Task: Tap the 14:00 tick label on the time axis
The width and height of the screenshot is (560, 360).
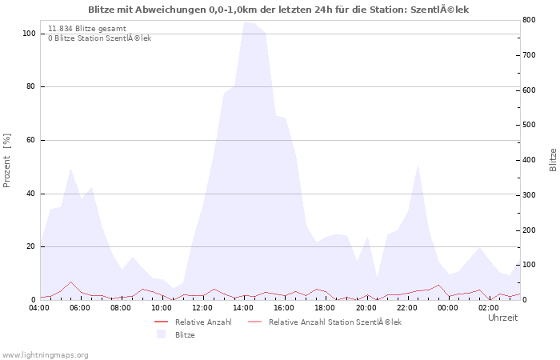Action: tap(244, 307)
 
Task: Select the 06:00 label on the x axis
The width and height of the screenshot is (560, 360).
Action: tap(80, 307)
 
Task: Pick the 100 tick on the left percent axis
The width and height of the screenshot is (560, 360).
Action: tap(29, 34)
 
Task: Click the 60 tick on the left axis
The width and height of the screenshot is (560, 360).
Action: tap(30, 140)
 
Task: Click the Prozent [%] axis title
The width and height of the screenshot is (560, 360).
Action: tap(7, 160)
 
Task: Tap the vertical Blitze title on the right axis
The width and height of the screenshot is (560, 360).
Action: tap(553, 160)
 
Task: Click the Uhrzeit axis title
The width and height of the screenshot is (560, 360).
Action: tap(502, 318)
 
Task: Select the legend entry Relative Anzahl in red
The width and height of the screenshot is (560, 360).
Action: tap(203, 322)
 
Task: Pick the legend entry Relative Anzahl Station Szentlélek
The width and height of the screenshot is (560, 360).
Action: tap(334, 322)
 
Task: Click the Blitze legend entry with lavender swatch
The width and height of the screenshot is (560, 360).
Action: tap(185, 334)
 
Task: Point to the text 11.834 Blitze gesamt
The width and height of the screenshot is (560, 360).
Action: tap(86, 28)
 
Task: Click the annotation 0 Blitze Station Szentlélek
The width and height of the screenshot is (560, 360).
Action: tap(99, 38)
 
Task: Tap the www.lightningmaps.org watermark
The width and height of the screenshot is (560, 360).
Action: tap(45, 354)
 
